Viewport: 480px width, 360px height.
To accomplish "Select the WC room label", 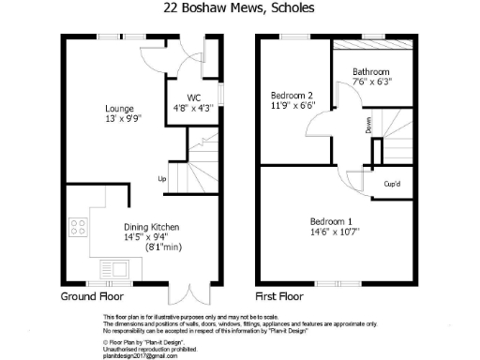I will [x=194, y=97].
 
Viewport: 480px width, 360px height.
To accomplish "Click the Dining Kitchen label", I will [x=152, y=227].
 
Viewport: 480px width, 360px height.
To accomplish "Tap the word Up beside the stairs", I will [x=162, y=178].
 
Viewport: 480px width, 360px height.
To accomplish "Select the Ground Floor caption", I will [x=93, y=294].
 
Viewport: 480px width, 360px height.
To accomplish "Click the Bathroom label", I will [x=371, y=71].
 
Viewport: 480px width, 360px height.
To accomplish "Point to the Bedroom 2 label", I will [x=292, y=95].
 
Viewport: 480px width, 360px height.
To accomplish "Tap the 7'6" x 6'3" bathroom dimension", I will [x=371, y=82].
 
